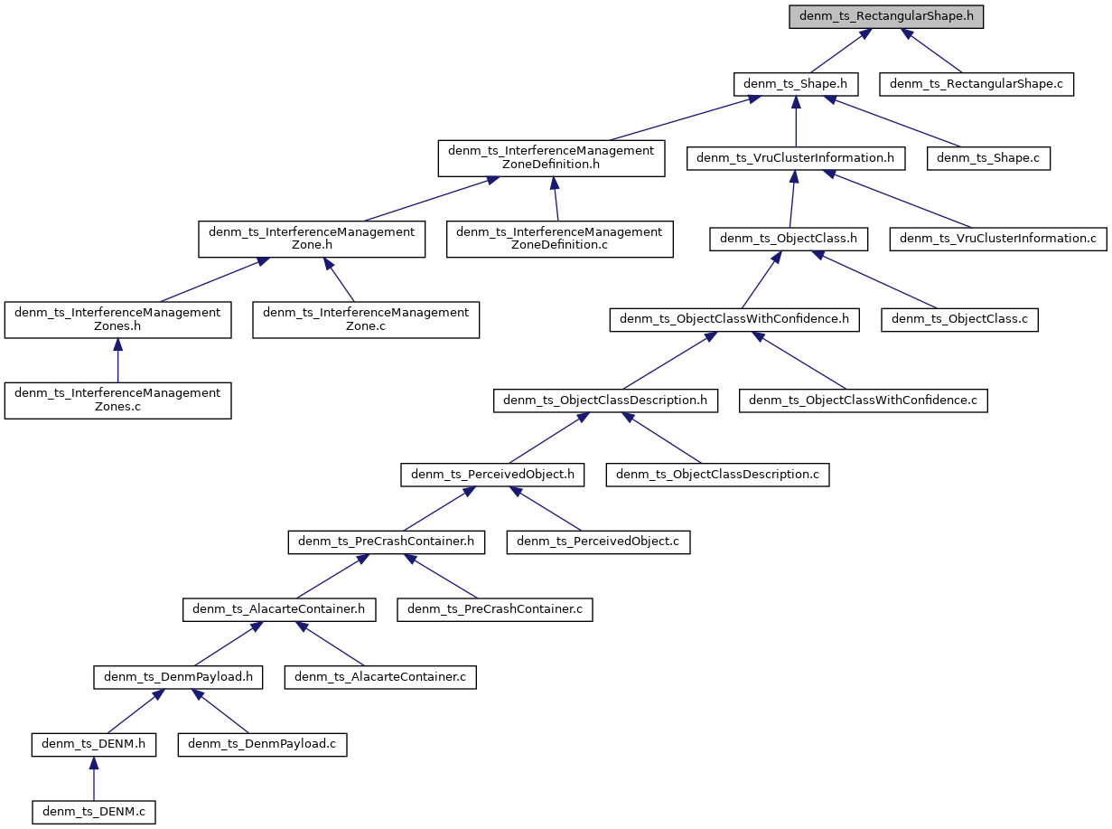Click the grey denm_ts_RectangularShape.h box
(886, 17)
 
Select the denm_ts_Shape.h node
(795, 85)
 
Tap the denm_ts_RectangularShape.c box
(977, 85)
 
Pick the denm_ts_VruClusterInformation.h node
(795, 158)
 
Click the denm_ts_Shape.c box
(989, 158)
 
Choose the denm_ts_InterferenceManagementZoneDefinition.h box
(551, 158)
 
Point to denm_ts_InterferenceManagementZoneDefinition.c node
(559, 239)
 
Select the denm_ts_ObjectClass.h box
(790, 239)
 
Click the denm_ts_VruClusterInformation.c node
(998, 239)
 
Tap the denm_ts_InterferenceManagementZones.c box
(117, 400)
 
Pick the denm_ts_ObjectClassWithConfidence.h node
(734, 319)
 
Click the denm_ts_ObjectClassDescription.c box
(717, 474)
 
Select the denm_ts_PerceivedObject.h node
(492, 474)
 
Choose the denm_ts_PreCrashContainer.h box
(387, 542)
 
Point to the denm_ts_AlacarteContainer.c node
(379, 677)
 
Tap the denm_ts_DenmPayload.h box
(178, 677)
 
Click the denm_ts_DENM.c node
(94, 812)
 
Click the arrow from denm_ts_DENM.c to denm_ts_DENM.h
(94, 778)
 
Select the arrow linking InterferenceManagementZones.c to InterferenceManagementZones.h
(117, 361)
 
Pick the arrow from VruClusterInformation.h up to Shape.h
(795, 122)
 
